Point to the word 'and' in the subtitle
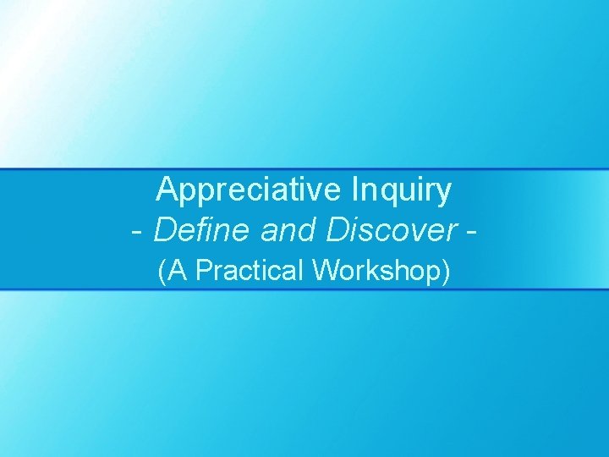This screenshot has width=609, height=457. pos(283,229)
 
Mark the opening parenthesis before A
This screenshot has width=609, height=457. pos(162,272)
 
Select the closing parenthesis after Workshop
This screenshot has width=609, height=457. pos(447,272)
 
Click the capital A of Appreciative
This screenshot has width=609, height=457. pos(167,190)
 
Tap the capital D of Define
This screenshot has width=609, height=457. pos(166,229)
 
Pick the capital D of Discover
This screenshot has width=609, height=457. pos(332,229)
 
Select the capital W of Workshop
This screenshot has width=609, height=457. pos(324,271)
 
